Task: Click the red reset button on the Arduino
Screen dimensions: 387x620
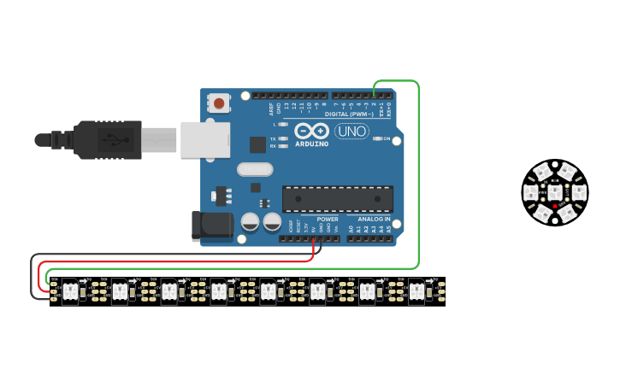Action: (219, 103)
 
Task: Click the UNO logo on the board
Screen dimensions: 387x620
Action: (351, 131)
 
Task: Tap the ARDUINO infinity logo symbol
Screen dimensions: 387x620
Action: (311, 131)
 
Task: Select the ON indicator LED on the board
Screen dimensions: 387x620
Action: (377, 138)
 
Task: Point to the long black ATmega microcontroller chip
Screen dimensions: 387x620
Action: (337, 199)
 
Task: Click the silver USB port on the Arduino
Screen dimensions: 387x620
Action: (206, 139)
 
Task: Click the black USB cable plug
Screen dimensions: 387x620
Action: (107, 139)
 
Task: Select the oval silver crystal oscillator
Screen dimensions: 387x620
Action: (255, 169)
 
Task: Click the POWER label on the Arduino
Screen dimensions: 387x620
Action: (327, 220)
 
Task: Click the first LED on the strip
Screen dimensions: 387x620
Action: (70, 291)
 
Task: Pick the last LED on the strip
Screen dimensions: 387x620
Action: (416, 291)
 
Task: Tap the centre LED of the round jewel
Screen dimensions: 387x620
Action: (555, 192)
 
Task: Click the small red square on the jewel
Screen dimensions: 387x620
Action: (555, 207)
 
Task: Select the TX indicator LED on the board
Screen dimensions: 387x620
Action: (283, 138)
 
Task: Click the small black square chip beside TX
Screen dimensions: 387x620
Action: (257, 144)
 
